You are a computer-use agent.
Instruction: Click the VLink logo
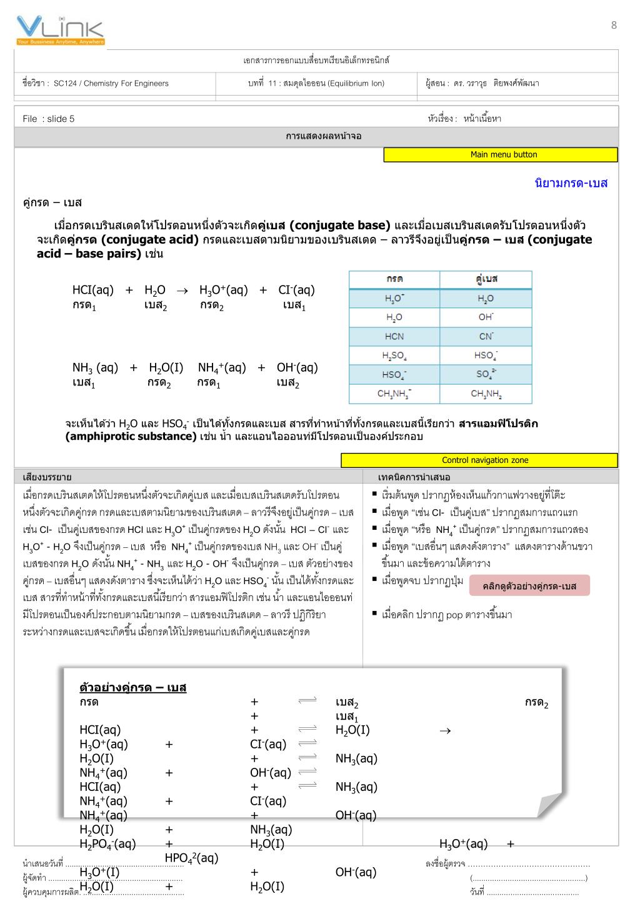[60, 31]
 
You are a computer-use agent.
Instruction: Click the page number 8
[614, 25]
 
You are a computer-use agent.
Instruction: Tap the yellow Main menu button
[501, 155]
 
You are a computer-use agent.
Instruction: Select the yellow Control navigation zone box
[479, 460]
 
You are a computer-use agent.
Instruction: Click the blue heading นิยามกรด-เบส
[571, 183]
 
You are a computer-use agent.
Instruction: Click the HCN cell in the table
[394, 336]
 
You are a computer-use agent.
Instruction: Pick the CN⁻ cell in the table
[486, 336]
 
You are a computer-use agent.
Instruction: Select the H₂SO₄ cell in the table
[394, 355]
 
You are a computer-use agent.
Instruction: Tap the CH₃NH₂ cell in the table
[486, 394]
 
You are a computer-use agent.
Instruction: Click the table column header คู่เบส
[486, 279]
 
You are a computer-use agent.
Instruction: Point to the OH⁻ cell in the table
[486, 317]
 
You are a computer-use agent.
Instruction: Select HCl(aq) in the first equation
[93, 290]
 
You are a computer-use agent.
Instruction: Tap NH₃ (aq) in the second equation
[95, 367]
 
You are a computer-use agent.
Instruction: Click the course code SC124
[66, 83]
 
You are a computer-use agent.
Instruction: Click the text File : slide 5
[48, 119]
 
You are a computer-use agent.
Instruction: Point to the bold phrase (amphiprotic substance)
[131, 436]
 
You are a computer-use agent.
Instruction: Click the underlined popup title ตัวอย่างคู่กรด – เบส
[133, 688]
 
